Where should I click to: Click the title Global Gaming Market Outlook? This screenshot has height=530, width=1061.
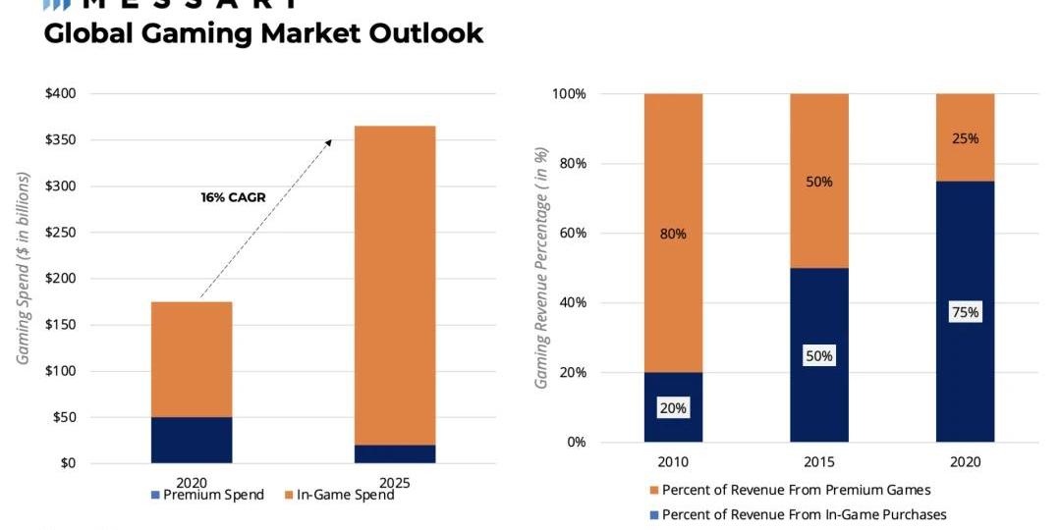coord(263,33)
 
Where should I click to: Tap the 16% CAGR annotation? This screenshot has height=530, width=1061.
coord(233,197)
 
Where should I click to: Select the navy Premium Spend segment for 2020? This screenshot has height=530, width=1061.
coord(192,440)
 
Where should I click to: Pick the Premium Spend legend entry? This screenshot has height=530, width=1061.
coord(207,495)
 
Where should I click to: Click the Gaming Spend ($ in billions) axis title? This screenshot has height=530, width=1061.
coord(24,269)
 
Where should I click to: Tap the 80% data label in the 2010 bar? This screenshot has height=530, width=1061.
coord(673,234)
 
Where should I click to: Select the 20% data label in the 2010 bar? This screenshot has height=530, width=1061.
coord(673,407)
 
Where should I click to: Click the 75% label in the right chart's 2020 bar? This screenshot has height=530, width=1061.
coord(965,312)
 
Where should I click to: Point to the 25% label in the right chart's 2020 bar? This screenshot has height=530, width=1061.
coord(965,138)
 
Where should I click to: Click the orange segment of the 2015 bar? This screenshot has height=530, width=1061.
coord(819,181)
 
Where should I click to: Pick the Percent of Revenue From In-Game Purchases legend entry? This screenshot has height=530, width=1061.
coord(797,514)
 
